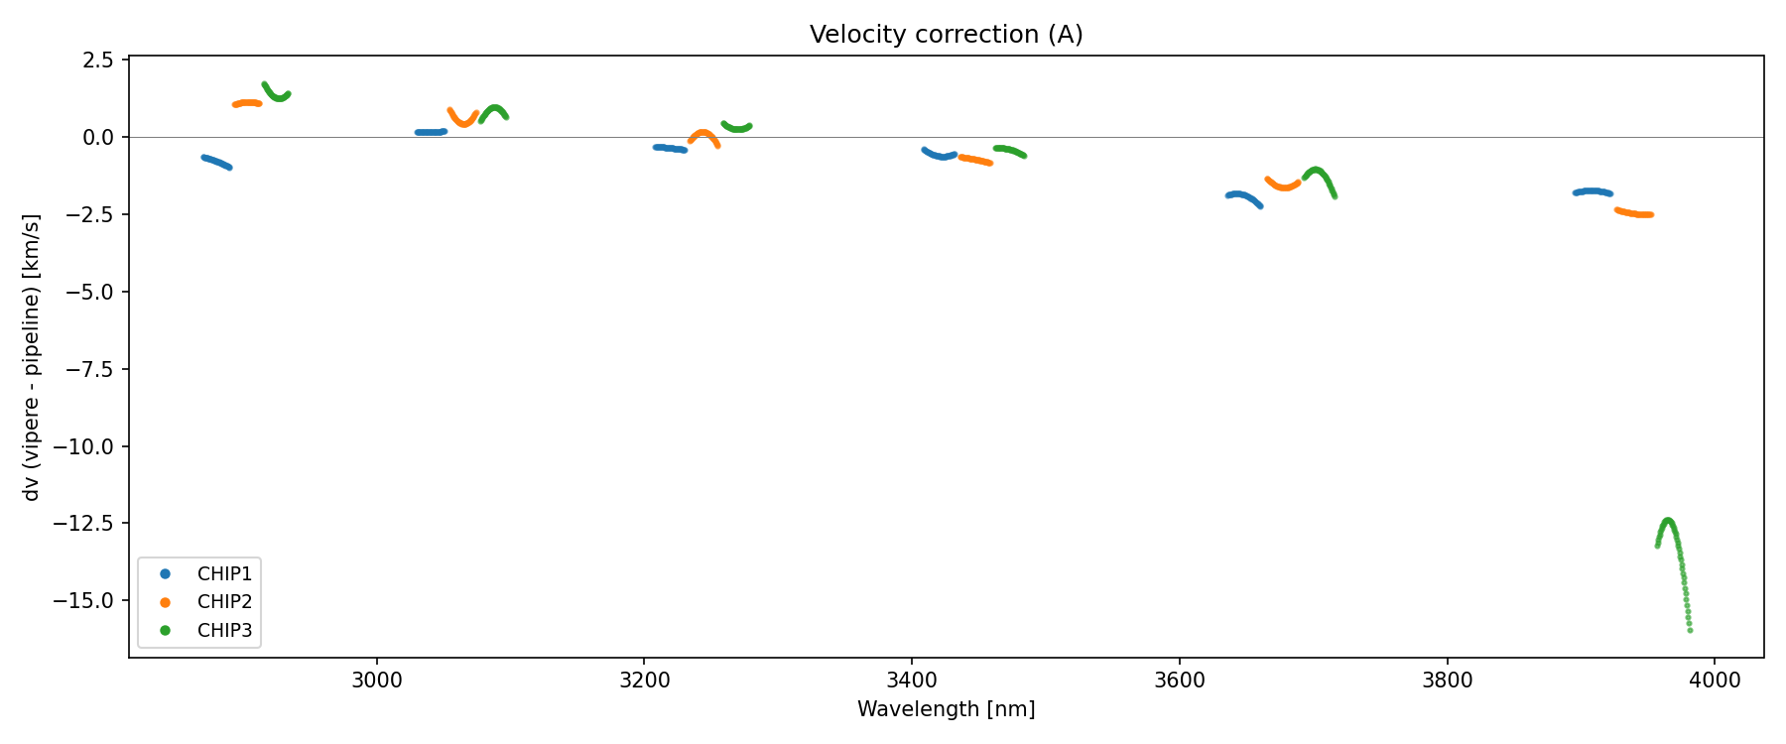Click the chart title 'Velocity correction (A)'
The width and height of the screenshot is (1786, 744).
946,35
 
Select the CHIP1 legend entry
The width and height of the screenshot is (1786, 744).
224,573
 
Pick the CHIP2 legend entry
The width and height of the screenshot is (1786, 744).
224,601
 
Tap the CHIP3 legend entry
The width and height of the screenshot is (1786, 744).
224,630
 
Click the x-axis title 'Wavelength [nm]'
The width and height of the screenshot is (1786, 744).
946,709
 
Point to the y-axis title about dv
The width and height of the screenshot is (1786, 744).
32,357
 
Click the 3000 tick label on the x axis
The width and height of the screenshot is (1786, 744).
377,681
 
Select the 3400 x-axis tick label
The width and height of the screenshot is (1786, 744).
912,681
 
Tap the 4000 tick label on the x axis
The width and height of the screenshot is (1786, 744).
1715,681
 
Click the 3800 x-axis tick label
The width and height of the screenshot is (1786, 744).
1447,681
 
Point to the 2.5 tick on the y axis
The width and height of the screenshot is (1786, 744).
98,60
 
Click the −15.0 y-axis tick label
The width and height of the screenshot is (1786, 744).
90,600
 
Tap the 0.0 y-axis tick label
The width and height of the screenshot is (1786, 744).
98,137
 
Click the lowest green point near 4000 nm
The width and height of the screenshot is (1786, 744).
1690,630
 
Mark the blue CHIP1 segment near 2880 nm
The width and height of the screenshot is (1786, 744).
216,162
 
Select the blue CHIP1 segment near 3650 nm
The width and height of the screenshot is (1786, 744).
1240,194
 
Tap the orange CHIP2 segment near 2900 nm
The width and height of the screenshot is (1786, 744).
246,103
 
